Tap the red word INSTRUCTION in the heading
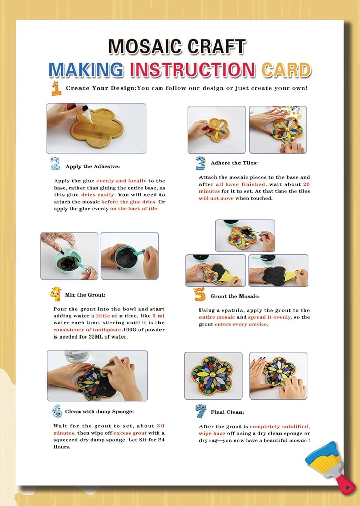[192, 70]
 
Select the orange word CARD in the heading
[287, 70]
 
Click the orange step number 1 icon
[56, 89]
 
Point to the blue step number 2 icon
[55, 163]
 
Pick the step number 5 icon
[199, 294]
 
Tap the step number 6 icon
[57, 411]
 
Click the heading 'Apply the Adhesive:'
[93, 167]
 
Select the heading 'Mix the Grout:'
[85, 295]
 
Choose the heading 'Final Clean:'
[227, 412]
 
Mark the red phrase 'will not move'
[216, 198]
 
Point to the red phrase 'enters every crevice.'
[242, 324]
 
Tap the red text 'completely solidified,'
[280, 426]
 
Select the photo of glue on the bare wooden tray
[96, 129]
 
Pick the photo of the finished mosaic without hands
[213, 375]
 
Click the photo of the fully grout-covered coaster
[278, 270]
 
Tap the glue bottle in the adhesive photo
[86, 113]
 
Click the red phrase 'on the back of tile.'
[135, 209]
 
